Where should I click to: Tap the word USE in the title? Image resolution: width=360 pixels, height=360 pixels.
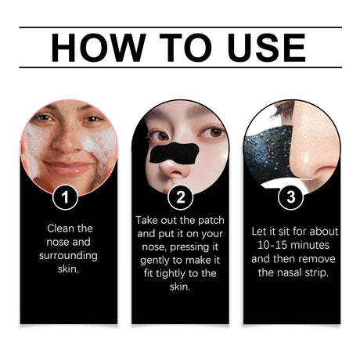click(x=258, y=48)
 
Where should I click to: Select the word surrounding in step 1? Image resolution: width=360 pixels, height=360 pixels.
click(x=68, y=257)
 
